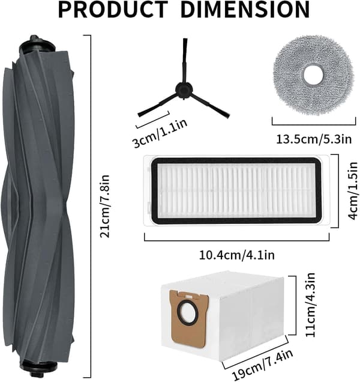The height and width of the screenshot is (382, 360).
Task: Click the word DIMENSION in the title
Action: (x=245, y=9)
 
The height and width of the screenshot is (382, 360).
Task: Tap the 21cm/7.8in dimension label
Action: (x=105, y=206)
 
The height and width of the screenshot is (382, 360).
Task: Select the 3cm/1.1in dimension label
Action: (x=160, y=133)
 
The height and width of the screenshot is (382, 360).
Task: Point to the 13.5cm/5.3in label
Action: (x=314, y=139)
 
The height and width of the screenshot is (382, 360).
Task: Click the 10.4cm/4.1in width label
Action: (x=237, y=255)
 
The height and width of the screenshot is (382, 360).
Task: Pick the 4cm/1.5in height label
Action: (x=353, y=191)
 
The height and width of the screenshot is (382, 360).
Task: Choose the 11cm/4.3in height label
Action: (x=310, y=305)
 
